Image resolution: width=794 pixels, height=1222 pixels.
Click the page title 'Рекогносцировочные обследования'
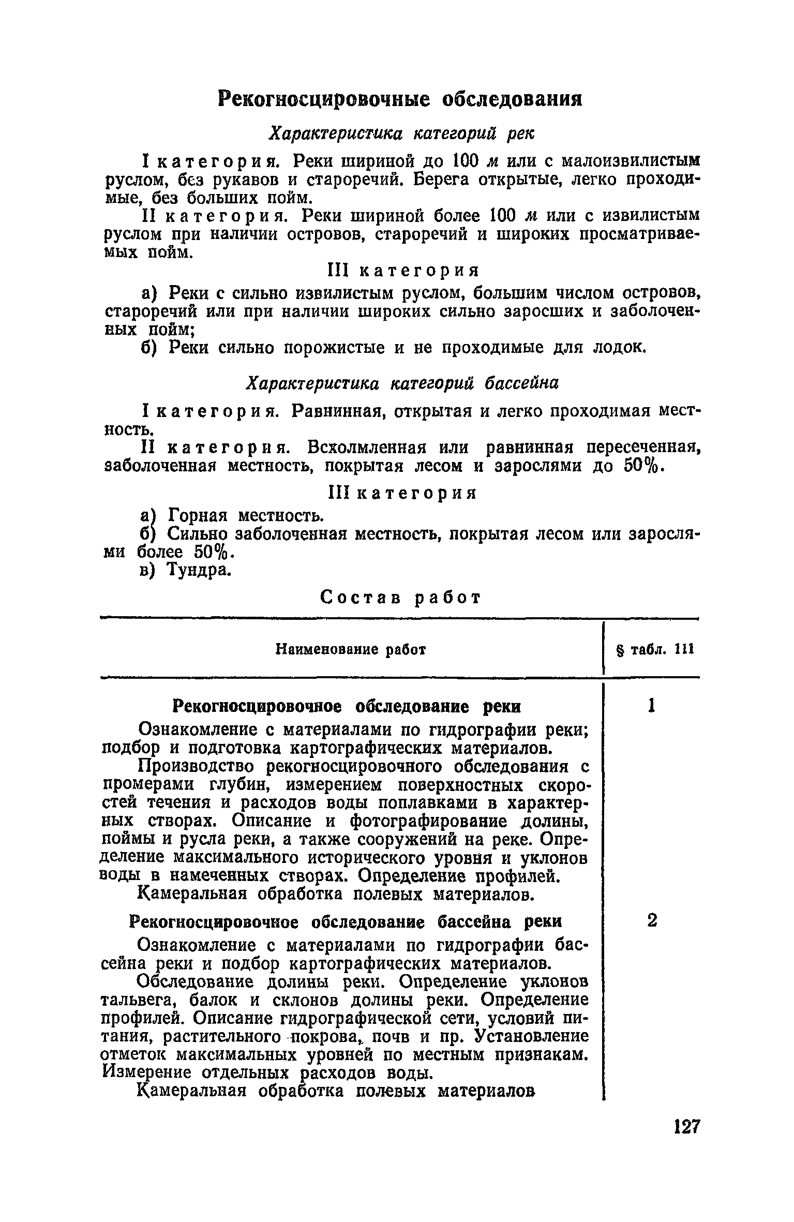coord(399,98)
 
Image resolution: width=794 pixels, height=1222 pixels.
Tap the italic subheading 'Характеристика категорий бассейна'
coord(402,383)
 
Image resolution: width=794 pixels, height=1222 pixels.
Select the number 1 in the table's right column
coord(652,706)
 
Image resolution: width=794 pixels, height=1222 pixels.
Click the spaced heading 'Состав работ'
coord(401,598)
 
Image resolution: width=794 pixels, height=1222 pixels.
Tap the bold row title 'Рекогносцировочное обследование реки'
coord(346,706)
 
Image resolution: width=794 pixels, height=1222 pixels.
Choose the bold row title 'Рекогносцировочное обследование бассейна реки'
coord(345,922)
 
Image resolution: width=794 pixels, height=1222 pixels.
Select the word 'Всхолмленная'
coord(367,446)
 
